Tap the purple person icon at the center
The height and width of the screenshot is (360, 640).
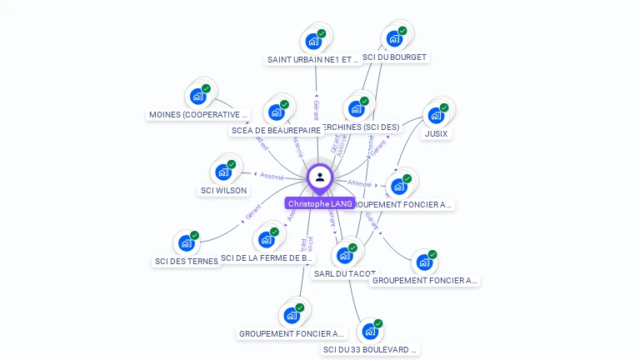320,177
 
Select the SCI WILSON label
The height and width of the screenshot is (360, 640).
224,190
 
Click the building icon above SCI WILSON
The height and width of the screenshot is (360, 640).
223,172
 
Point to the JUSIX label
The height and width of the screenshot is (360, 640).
436,133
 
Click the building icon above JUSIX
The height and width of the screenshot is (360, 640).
435,115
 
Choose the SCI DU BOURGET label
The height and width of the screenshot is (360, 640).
395,57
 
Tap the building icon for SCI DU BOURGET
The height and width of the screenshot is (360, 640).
393,38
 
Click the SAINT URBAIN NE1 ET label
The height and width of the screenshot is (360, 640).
313,59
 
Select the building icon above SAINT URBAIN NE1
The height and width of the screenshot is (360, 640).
313,41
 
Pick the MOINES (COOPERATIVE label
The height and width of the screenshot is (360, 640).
198,114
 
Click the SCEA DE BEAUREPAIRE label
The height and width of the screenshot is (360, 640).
276,130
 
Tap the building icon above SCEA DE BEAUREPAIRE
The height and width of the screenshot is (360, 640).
276,112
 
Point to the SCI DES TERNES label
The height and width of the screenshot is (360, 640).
186,261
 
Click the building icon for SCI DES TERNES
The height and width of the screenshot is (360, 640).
186,243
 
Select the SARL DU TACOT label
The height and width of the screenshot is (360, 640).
344,273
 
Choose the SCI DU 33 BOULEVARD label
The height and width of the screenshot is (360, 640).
370,350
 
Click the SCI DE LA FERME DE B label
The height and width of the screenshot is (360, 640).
267,258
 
